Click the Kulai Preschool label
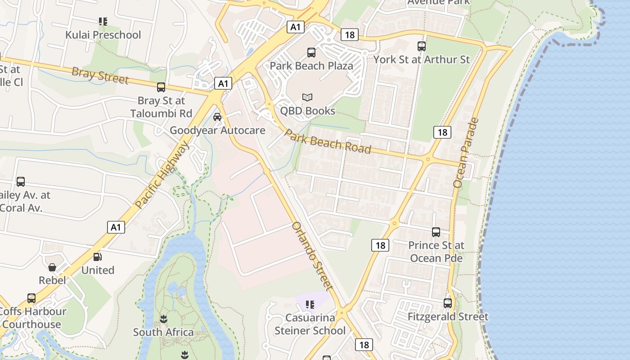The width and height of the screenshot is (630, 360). pos(103,35)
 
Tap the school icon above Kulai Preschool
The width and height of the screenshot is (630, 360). pos(103,21)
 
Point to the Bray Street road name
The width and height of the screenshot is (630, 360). pos(100,75)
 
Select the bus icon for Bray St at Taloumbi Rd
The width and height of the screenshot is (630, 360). pos(161,87)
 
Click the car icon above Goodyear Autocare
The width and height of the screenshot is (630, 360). pos(217,117)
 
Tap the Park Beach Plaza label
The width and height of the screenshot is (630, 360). pos(311,66)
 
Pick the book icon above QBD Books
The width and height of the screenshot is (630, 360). pos(307,97)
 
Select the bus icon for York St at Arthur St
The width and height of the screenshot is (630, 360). pos(422,46)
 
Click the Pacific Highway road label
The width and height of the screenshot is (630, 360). pos(162,175)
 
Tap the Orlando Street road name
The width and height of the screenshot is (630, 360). pos(313,256)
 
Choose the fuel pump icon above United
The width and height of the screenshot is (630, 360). pos(98,257)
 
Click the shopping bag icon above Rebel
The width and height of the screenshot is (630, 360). pos(52,267)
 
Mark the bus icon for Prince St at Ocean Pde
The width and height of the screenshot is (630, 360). pos(436,232)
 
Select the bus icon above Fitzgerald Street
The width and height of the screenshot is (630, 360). pos(448,303)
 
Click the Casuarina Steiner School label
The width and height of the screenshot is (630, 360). pos(310,324)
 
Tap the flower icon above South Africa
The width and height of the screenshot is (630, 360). pos(163,319)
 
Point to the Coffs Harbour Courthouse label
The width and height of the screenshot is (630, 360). pos(32,318)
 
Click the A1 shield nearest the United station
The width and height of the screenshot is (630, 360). pos(116,227)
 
